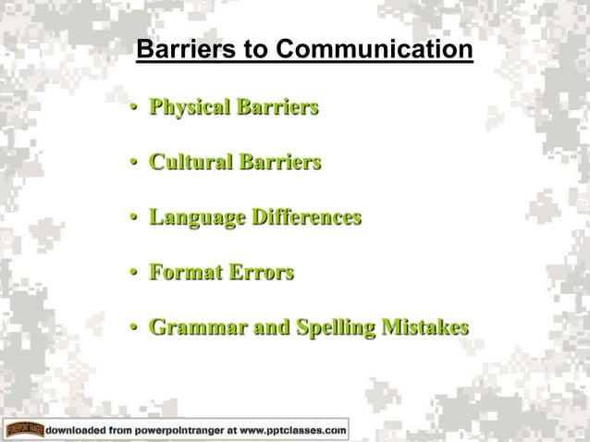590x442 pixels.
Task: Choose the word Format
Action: click(x=181, y=274)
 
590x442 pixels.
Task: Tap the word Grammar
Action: click(x=192, y=328)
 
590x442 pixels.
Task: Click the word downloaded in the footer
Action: click(x=80, y=430)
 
